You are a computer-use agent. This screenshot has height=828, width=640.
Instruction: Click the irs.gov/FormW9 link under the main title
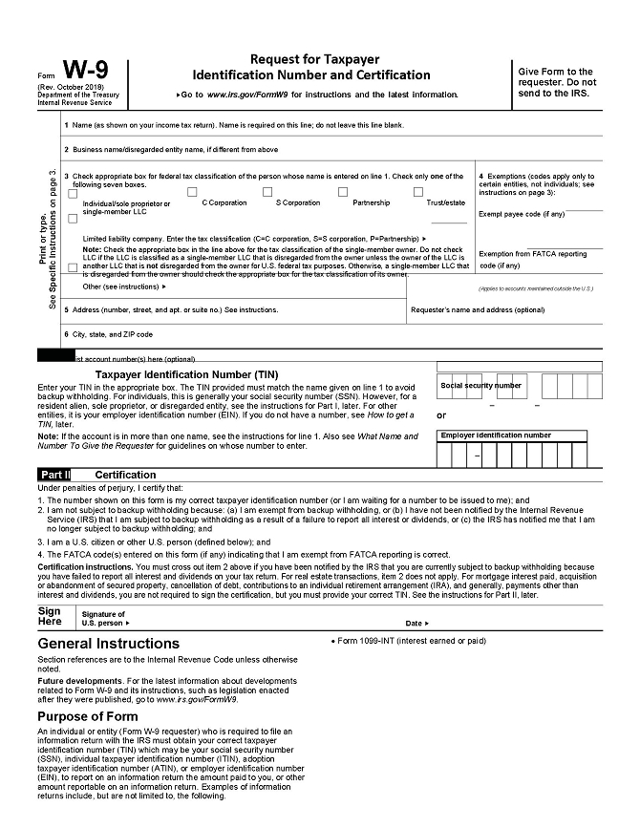[x=245, y=96]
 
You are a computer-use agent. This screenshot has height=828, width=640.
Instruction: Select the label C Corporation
[x=224, y=202]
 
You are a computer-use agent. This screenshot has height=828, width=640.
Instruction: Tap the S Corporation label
[x=298, y=202]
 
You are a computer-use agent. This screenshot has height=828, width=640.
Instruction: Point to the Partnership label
[x=371, y=202]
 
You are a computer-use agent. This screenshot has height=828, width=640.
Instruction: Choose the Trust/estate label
[x=445, y=202]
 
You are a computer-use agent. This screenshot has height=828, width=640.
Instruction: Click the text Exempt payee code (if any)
[x=522, y=214]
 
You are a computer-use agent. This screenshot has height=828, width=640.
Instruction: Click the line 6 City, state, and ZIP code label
[x=108, y=335]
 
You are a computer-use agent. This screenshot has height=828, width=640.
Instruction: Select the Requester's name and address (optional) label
[x=477, y=310]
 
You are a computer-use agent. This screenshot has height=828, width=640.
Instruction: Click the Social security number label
[x=481, y=386]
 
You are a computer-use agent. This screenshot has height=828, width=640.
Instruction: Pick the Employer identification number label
[x=496, y=435]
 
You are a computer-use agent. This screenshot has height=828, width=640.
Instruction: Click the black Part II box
[x=54, y=475]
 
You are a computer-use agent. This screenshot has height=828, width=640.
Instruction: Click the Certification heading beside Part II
[x=124, y=475]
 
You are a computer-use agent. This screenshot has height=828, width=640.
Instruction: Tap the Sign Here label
[x=50, y=616]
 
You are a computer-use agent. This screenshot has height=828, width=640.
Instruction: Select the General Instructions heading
[x=108, y=644]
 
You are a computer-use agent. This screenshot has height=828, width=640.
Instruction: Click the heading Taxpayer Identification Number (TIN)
[x=187, y=374]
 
